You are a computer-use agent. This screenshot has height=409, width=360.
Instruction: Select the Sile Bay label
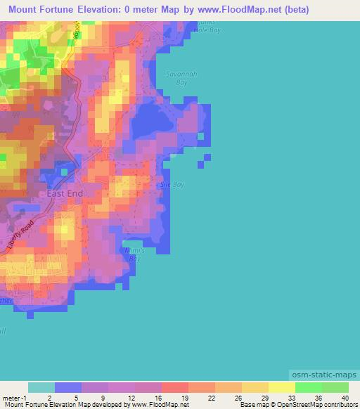point(172,184)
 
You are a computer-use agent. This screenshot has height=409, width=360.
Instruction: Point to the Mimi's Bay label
point(131,254)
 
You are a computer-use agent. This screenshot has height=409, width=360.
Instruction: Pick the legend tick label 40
point(345,397)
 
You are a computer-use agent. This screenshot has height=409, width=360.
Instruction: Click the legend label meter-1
point(15,397)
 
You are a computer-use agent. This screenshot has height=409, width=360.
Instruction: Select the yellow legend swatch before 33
point(281,387)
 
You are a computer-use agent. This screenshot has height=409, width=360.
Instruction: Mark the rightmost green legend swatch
point(335,387)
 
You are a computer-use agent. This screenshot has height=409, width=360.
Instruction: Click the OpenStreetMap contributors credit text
point(320,405)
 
